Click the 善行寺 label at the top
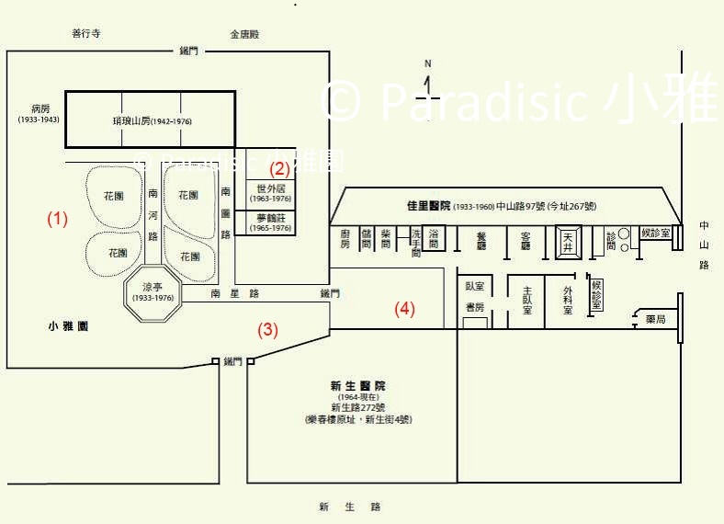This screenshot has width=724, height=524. (85, 34)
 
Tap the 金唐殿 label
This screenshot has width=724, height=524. (245, 34)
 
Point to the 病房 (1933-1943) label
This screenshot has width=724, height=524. (39, 113)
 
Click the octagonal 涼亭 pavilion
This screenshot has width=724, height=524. (153, 293)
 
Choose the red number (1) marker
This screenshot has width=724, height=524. (58, 219)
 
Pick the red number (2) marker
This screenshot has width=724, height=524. (278, 167)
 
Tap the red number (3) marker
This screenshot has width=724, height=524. (267, 330)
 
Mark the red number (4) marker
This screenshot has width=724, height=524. (405, 309)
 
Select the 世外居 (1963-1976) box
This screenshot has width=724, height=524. (270, 193)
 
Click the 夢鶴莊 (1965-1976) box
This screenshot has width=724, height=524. (270, 223)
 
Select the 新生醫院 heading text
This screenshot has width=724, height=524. (358, 386)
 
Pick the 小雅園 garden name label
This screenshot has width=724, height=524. (69, 326)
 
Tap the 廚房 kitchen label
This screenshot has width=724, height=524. (345, 239)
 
